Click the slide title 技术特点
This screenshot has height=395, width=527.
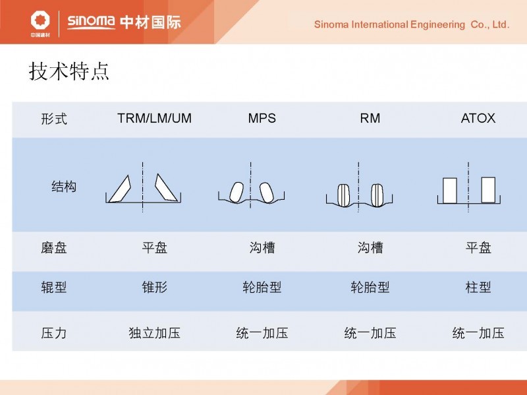[x=69, y=71]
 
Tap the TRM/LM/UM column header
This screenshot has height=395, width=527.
[x=154, y=118]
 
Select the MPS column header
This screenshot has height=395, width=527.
[x=262, y=118]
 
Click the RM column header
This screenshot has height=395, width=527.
[x=370, y=118]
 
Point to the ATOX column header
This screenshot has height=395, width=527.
[x=478, y=118]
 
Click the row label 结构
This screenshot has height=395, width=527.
[x=64, y=187]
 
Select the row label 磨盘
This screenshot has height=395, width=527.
[x=54, y=248]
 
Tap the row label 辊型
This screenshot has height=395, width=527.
[x=54, y=288]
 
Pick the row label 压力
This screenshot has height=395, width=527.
[x=54, y=333]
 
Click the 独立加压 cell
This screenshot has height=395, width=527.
[x=155, y=333]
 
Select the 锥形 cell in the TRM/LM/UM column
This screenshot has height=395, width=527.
[x=155, y=288]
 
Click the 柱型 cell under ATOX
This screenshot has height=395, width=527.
[x=478, y=288]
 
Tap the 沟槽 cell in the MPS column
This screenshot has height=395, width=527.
[x=262, y=248]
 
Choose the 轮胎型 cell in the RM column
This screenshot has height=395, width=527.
[x=370, y=288]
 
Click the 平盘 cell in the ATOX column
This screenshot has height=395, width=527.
[x=478, y=248]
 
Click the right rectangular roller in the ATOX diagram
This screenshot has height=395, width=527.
[x=488, y=190]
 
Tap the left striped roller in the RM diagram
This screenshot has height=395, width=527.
[x=343, y=195]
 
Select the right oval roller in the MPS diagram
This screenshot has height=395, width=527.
[x=267, y=193]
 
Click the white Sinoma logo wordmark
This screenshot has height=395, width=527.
[x=91, y=22]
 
